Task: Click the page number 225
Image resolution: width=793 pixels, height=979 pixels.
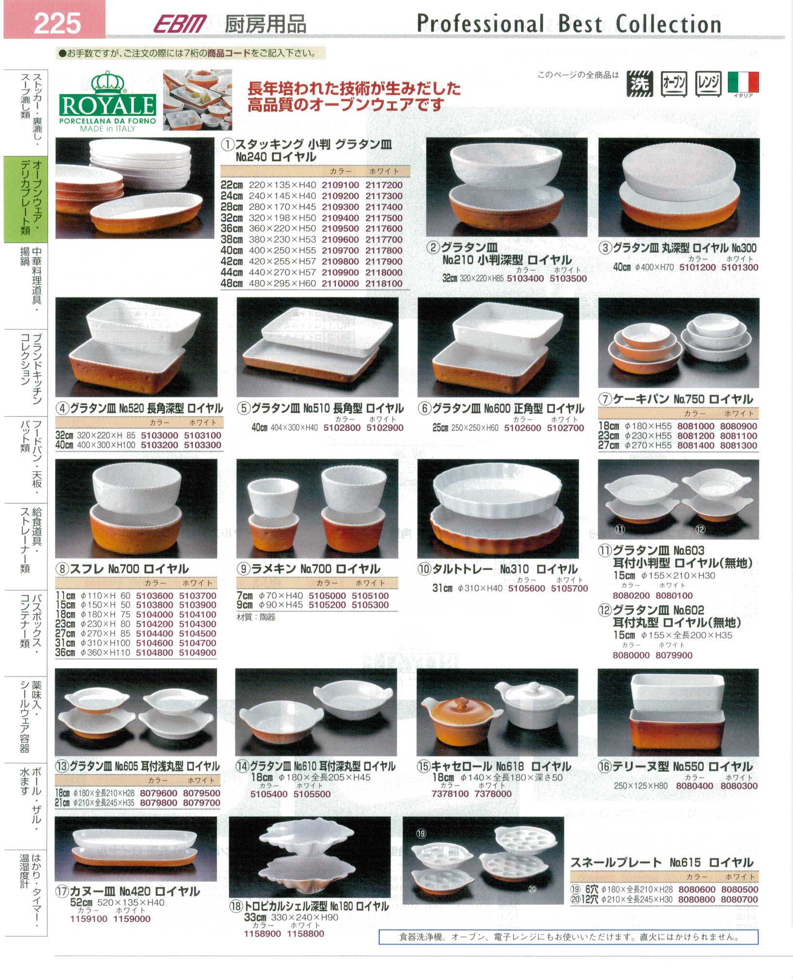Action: (x=57, y=23)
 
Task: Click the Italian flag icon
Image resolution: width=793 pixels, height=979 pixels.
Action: (x=743, y=82)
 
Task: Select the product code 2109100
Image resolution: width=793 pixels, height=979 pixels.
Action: (x=340, y=185)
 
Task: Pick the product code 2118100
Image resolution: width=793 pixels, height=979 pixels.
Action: (x=384, y=284)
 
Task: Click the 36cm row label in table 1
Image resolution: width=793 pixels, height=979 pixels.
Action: (x=231, y=228)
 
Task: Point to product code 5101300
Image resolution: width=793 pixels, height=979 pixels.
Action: (x=740, y=267)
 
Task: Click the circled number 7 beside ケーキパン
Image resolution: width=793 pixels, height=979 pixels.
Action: (x=605, y=399)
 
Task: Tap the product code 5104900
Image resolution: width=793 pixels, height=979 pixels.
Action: (x=197, y=653)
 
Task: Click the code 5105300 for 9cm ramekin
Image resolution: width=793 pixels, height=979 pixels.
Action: (x=370, y=605)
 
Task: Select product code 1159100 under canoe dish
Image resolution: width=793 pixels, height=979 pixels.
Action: (x=89, y=919)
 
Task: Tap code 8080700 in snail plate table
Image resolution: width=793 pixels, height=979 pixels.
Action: (x=740, y=899)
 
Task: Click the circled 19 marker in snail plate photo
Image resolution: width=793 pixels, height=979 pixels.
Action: (x=421, y=833)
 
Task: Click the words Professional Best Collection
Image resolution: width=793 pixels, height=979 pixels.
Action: (x=569, y=24)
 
